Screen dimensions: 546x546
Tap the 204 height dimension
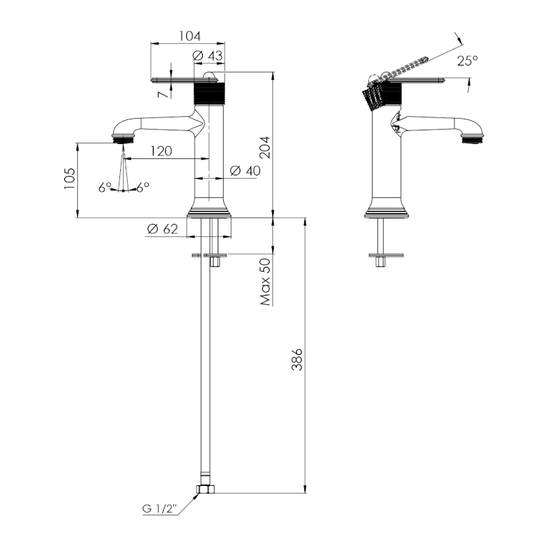click(265, 146)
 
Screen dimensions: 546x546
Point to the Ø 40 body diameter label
click(245, 171)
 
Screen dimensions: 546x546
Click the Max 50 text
click(265, 281)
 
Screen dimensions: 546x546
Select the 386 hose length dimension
click(296, 358)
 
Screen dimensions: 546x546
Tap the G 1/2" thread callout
click(159, 508)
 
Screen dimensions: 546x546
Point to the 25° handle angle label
click(468, 61)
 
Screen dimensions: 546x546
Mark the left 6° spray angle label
click(104, 187)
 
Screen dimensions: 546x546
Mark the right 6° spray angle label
click(143, 187)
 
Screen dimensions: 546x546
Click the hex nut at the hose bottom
click(204, 489)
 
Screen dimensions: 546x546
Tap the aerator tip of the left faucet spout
click(123, 139)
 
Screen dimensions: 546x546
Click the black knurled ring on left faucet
click(211, 91)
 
